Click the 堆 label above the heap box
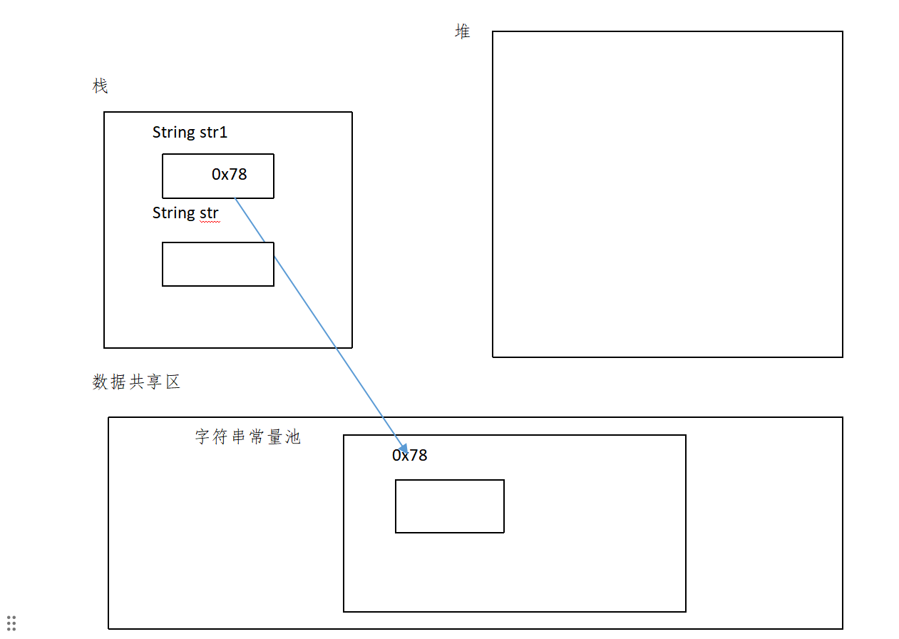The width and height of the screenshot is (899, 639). [463, 31]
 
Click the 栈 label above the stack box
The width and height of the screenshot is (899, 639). [100, 86]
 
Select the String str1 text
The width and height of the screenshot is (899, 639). [190, 132]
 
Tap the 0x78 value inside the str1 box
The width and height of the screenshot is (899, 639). [229, 174]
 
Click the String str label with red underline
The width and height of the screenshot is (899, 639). [185, 213]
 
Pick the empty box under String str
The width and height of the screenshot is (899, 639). [217, 264]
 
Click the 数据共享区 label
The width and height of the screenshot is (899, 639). [136, 382]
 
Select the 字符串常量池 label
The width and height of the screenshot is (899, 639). [247, 437]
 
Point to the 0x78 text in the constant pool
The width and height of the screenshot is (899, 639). [409, 455]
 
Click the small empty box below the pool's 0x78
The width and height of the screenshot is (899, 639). [449, 506]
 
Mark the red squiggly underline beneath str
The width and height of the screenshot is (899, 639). [209, 222]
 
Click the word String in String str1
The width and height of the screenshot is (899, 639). [173, 133]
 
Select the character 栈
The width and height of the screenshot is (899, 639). [100, 86]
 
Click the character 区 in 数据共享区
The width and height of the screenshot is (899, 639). [173, 382]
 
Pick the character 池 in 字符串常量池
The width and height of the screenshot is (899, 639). [293, 437]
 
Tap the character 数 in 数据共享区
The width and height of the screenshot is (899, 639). [100, 382]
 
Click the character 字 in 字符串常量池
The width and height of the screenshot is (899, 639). [202, 437]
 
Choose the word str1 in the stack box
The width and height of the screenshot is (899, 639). [213, 132]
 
